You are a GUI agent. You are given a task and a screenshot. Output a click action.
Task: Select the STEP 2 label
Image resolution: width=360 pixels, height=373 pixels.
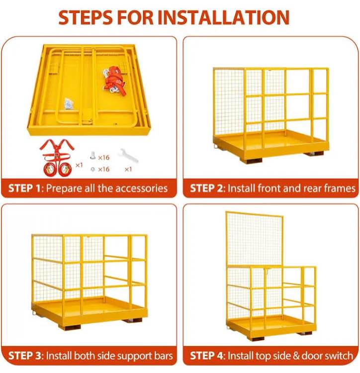pyautogui.click(x=207, y=188)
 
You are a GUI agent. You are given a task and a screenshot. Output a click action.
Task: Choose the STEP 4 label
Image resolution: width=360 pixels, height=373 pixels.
pyautogui.click(x=208, y=356)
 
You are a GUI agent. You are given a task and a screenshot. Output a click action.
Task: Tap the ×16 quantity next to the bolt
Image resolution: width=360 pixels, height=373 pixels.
pyautogui.click(x=103, y=157)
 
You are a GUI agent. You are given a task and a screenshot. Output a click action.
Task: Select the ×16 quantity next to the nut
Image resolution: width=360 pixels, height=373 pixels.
pyautogui.click(x=103, y=169)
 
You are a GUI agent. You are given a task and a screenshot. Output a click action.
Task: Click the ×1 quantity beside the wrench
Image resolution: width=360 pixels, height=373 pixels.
pyautogui.click(x=128, y=169)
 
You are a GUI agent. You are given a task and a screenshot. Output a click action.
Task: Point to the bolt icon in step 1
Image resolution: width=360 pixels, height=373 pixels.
pyautogui.click(x=93, y=157)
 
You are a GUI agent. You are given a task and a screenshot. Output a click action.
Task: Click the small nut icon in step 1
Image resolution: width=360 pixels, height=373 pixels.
pyautogui.click(x=93, y=169)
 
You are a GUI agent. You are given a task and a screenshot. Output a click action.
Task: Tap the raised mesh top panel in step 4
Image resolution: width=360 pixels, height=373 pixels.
pyautogui.click(x=254, y=239)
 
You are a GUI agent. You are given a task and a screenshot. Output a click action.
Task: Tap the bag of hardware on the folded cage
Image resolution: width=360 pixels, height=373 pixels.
pyautogui.click(x=68, y=103)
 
